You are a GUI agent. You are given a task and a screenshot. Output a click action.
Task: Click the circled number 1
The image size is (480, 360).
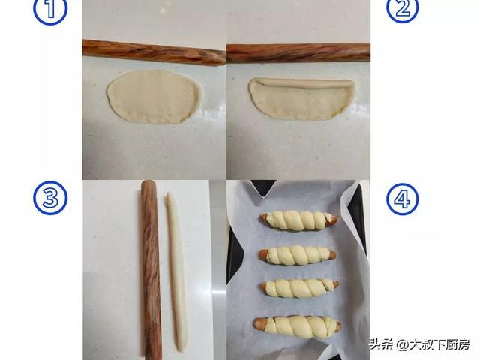click(x=50, y=10)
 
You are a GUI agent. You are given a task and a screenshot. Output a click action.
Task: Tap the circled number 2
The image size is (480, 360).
click(x=402, y=9)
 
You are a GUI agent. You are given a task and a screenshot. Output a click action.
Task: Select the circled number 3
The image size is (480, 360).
click(x=50, y=198)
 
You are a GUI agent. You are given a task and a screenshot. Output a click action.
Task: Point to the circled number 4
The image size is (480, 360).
click(x=402, y=199)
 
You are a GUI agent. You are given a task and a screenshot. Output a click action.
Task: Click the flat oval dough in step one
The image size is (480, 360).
click(x=154, y=97)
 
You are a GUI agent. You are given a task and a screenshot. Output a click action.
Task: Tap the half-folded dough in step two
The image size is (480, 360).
click(x=301, y=98)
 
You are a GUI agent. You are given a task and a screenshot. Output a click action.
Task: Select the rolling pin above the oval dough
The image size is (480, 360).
click(x=154, y=52)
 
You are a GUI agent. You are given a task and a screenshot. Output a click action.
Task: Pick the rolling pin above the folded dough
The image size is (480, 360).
click(x=298, y=53)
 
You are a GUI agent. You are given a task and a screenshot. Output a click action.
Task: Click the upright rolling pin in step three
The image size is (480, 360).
click(x=151, y=269)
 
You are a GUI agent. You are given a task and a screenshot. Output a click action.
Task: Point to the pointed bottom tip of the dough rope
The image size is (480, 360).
click(x=181, y=350)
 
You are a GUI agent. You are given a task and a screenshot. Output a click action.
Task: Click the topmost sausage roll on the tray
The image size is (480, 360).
click(x=299, y=220)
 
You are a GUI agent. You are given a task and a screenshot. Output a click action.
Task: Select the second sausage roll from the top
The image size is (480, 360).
click(x=298, y=255)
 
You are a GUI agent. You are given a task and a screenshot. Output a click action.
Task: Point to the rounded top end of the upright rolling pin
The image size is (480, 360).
click(x=148, y=184)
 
